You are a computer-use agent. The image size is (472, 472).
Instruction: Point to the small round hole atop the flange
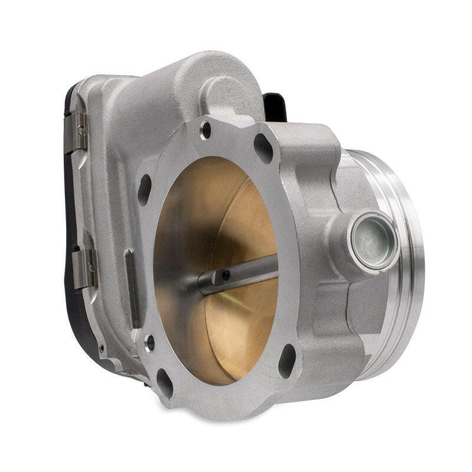point(205,129)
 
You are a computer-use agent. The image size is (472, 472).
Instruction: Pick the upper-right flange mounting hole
point(263,148)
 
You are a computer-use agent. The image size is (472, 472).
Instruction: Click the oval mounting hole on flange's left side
point(145,189)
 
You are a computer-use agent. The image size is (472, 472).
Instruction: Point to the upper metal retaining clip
point(78,129)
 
